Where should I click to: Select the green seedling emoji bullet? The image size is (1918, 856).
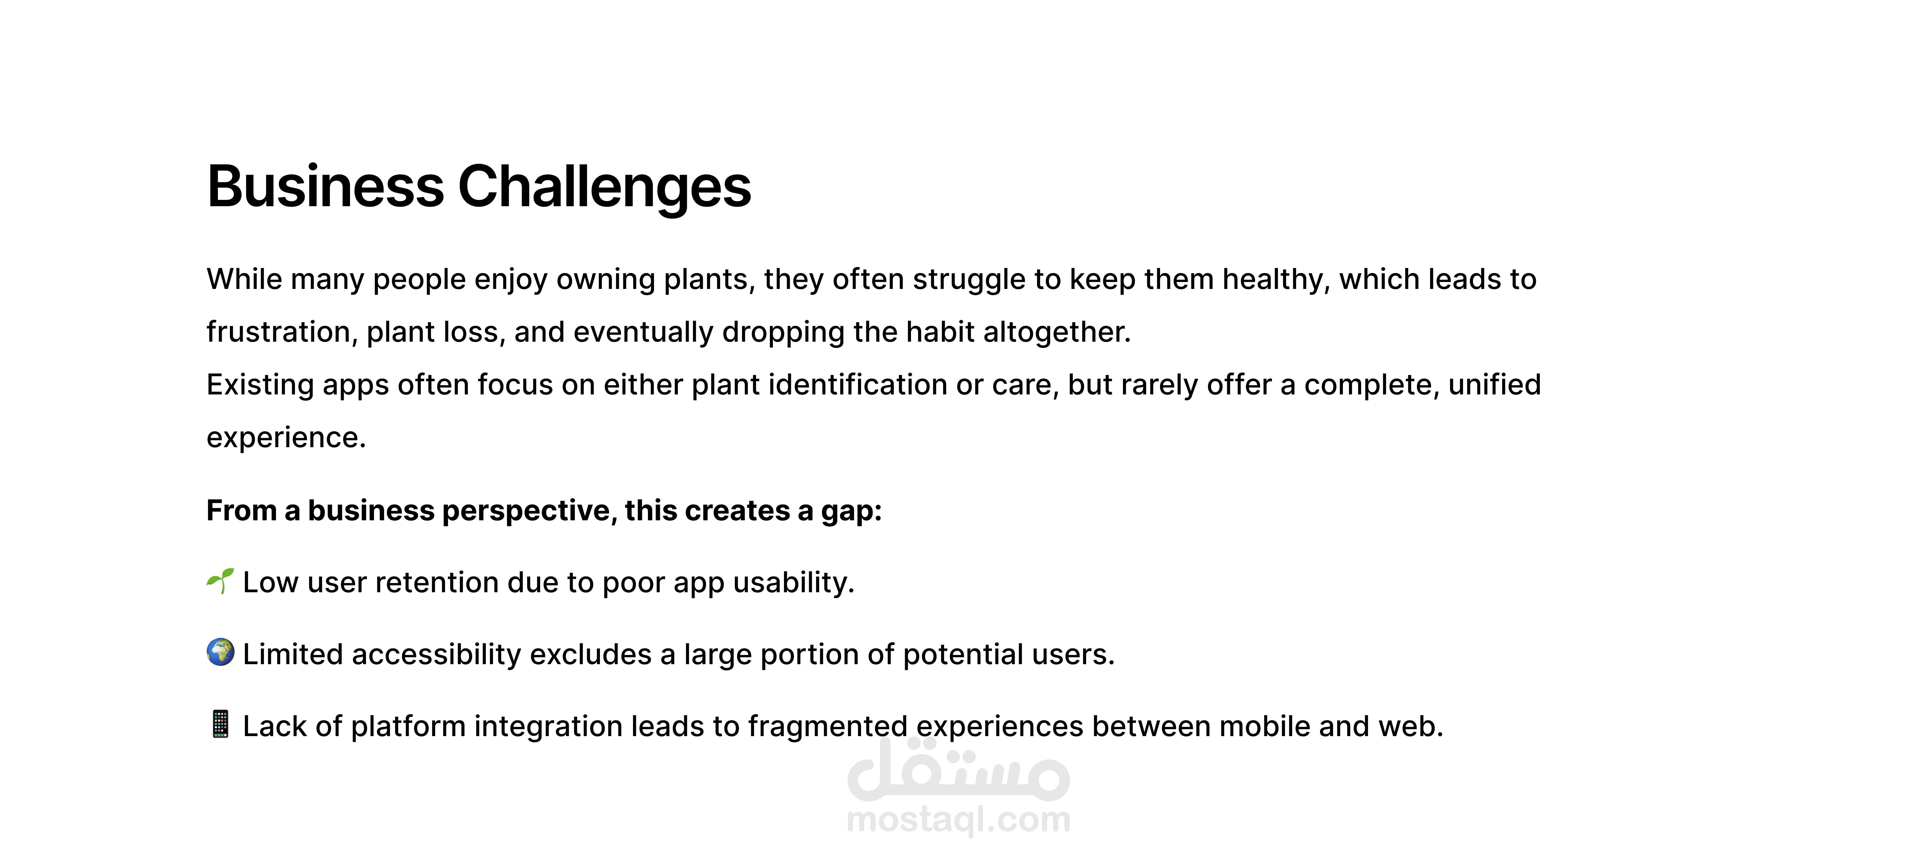point(220,581)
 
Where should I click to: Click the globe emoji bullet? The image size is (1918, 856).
point(220,652)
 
